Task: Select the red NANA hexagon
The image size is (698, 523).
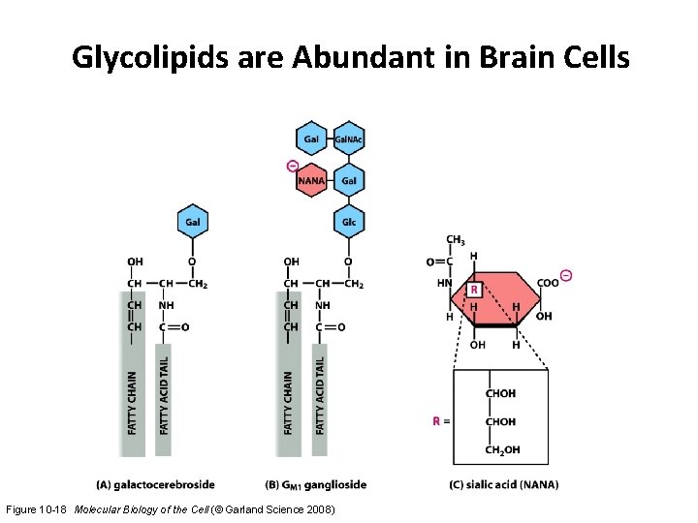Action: tap(311, 180)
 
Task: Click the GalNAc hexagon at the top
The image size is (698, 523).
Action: tap(349, 139)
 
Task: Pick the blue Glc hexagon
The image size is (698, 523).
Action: tap(349, 222)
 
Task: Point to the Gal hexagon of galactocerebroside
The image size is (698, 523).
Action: tap(193, 222)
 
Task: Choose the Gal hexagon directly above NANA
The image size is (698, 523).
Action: tap(311, 139)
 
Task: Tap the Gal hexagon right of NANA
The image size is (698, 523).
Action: tap(349, 180)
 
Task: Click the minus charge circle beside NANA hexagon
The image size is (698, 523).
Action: tap(292, 166)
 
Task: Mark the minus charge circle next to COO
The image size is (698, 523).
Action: tap(567, 276)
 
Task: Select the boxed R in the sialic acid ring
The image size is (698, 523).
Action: tap(474, 289)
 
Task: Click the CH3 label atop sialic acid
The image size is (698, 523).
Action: tap(456, 239)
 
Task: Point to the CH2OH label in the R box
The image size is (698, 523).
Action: tap(501, 449)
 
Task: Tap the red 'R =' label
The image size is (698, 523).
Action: tap(441, 421)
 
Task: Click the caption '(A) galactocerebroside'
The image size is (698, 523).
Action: tap(156, 484)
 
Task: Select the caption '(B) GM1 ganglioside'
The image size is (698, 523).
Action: tap(315, 484)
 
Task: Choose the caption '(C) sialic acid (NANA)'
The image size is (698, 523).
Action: tap(504, 484)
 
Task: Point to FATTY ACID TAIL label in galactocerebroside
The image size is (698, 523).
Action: tap(164, 394)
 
